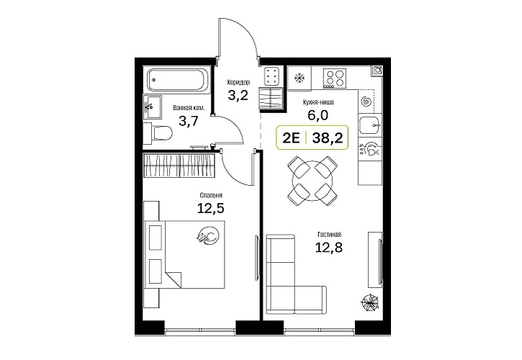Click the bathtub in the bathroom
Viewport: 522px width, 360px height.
click(x=177, y=80)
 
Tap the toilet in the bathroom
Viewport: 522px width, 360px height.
click(x=158, y=134)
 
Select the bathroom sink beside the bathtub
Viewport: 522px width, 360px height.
click(x=153, y=107)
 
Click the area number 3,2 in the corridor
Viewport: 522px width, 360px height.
click(x=238, y=96)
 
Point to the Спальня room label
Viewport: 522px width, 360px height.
click(x=211, y=195)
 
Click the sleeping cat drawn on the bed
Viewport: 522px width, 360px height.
click(x=208, y=235)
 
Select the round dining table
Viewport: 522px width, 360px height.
click(x=312, y=181)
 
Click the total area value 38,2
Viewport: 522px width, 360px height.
click(x=328, y=138)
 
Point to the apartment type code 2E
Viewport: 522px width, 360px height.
click(x=291, y=138)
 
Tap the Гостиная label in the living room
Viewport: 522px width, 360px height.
click(x=329, y=235)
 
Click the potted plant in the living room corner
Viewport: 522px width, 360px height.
click(x=369, y=302)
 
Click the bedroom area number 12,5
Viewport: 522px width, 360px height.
click(x=211, y=209)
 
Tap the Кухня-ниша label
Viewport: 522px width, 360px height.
click(x=318, y=102)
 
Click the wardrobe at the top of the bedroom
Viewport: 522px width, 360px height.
click(x=179, y=166)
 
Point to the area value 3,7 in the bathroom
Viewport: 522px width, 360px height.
click(x=189, y=121)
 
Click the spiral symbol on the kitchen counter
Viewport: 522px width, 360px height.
click(x=366, y=101)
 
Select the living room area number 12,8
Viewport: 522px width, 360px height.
click(x=329, y=248)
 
